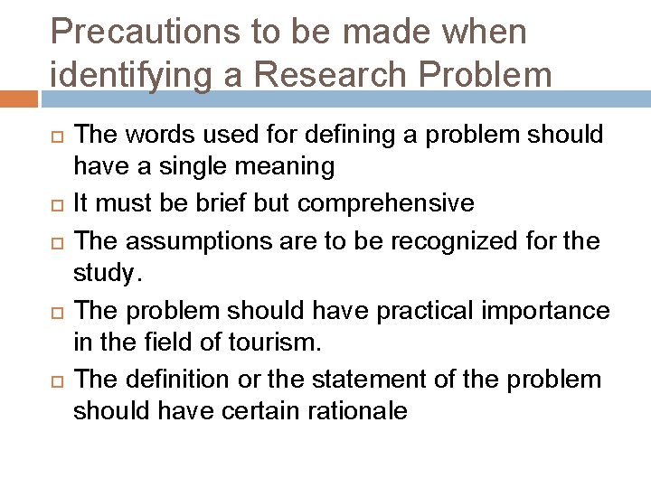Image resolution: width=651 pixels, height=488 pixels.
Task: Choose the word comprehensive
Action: tap(385, 202)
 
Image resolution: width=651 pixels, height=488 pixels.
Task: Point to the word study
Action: tap(108, 272)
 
